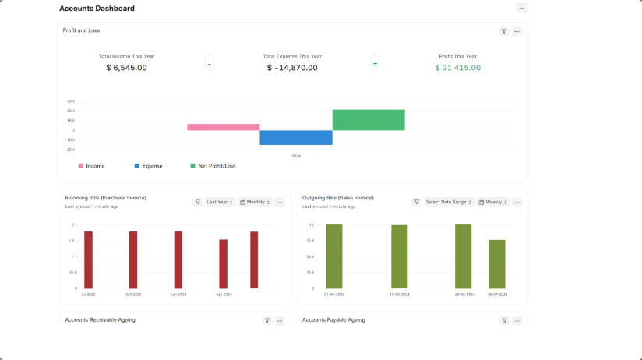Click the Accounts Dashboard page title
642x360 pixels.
click(x=97, y=9)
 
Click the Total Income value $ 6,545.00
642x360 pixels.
click(x=126, y=68)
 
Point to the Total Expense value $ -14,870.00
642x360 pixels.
click(x=292, y=68)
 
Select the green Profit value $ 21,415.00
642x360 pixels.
click(x=457, y=68)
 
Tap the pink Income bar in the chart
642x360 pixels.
click(x=223, y=127)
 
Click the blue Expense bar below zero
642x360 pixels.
click(x=296, y=138)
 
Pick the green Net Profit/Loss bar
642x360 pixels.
click(x=369, y=120)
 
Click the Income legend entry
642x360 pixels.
click(x=95, y=166)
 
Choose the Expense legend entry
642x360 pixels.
click(x=151, y=166)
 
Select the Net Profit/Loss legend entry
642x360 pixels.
click(x=217, y=166)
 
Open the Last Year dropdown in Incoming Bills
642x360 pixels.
click(x=220, y=202)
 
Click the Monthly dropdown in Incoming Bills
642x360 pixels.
click(x=255, y=202)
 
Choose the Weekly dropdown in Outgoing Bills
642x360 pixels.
click(x=493, y=202)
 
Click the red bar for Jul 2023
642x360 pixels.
click(x=88, y=259)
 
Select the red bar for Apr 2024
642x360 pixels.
click(x=223, y=263)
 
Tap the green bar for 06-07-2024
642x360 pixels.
click(x=496, y=263)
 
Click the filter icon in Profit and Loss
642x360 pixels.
click(x=504, y=31)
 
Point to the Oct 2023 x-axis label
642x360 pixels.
click(x=133, y=295)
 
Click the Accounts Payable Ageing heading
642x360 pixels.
click(x=333, y=320)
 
